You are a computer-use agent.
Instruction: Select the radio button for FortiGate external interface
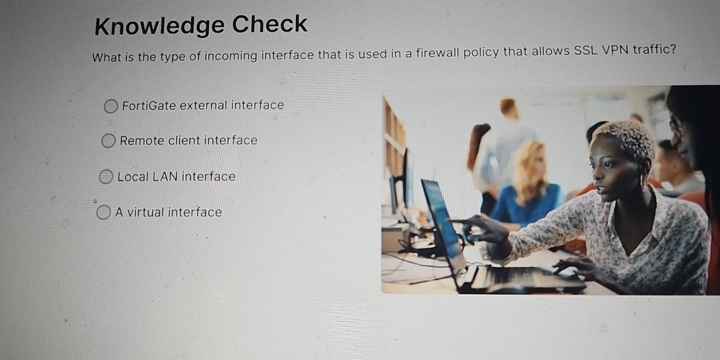pos(111,107)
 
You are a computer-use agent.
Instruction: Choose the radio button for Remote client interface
pos(108,141)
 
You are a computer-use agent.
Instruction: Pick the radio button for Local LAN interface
pos(106,177)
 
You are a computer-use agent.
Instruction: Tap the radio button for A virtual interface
pos(103,213)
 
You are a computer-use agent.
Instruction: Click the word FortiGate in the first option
pos(149,105)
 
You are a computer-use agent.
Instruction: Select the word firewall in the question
pos(434,52)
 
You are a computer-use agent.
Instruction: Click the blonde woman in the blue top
pos(527,187)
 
